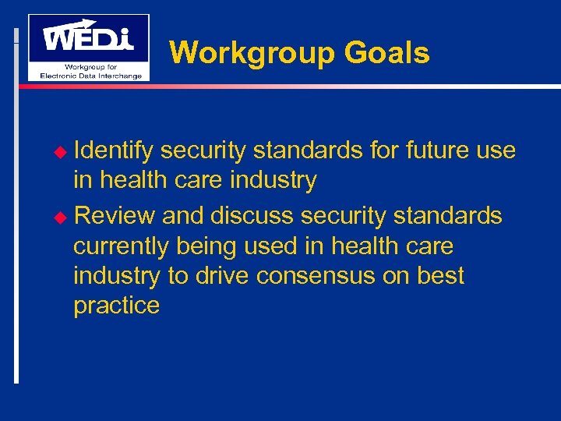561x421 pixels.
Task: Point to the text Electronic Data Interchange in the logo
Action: point(89,75)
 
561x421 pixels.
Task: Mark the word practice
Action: point(116,305)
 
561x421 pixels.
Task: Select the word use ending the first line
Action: point(496,150)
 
